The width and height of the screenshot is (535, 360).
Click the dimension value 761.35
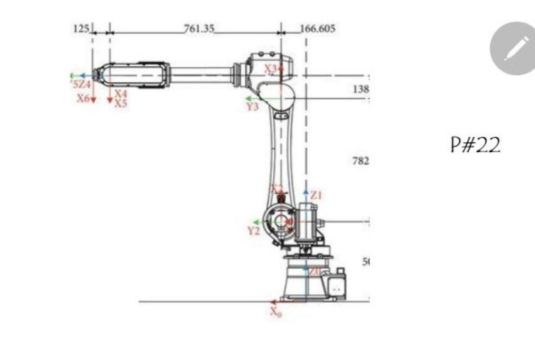click(199, 29)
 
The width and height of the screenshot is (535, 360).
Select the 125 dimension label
click(81, 28)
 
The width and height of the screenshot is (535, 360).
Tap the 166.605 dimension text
click(318, 29)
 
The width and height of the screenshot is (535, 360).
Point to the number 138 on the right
click(360, 90)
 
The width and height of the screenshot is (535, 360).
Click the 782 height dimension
click(360, 161)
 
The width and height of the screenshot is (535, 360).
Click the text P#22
click(475, 146)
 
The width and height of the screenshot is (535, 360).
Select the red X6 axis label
click(84, 98)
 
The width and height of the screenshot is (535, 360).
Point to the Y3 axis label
click(252, 107)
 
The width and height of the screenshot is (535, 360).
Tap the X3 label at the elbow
click(271, 69)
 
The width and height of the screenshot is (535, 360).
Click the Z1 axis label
click(316, 194)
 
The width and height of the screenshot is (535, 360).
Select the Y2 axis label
click(253, 231)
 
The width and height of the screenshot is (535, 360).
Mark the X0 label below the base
click(275, 312)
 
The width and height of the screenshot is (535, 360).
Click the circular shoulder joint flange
click(281, 221)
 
